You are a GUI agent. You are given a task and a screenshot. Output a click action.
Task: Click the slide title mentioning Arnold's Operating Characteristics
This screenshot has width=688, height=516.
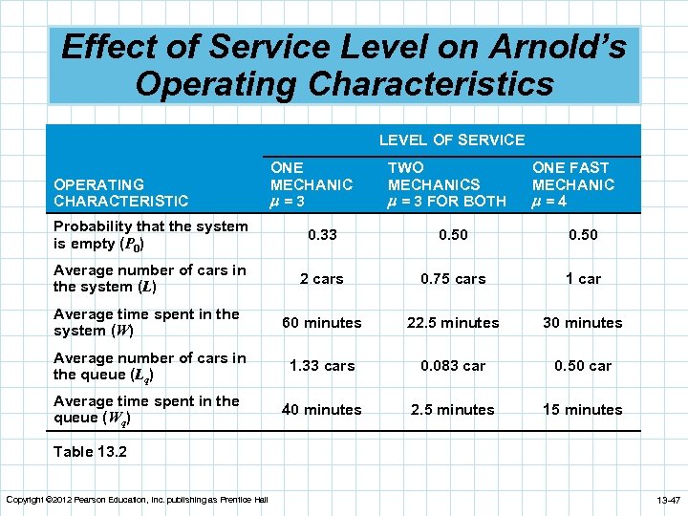click(344, 65)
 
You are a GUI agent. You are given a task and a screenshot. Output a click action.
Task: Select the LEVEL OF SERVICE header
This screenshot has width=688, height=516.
click(451, 140)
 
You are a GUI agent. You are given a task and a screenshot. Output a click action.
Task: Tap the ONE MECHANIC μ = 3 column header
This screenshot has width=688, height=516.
click(312, 184)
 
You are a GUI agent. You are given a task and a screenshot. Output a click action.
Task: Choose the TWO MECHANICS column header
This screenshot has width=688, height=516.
click(446, 184)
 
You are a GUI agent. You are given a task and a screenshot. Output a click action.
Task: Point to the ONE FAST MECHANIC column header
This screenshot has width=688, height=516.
click(573, 184)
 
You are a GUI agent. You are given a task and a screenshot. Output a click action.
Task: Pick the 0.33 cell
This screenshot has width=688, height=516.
click(321, 235)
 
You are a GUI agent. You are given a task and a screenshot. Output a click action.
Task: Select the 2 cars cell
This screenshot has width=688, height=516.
click(321, 279)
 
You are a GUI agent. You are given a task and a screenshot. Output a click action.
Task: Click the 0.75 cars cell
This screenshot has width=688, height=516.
click(453, 279)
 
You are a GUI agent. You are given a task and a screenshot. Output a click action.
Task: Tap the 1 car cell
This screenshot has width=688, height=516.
click(582, 279)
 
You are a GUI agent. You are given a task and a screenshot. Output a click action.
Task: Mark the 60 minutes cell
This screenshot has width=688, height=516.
click(321, 323)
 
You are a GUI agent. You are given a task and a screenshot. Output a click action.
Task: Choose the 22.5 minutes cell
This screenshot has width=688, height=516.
click(453, 323)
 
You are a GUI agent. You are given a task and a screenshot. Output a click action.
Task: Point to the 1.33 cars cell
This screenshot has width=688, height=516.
click(321, 366)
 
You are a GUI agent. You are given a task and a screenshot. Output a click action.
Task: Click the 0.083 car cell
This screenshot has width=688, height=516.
click(453, 366)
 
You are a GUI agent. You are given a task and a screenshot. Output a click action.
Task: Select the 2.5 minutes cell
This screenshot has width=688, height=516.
click(453, 410)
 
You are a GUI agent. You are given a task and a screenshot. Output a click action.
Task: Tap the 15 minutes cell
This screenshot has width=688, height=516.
click(582, 410)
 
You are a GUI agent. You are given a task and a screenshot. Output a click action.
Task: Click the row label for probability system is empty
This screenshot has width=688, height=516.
click(150, 235)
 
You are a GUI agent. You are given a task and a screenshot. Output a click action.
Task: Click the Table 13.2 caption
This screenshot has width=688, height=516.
click(90, 452)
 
